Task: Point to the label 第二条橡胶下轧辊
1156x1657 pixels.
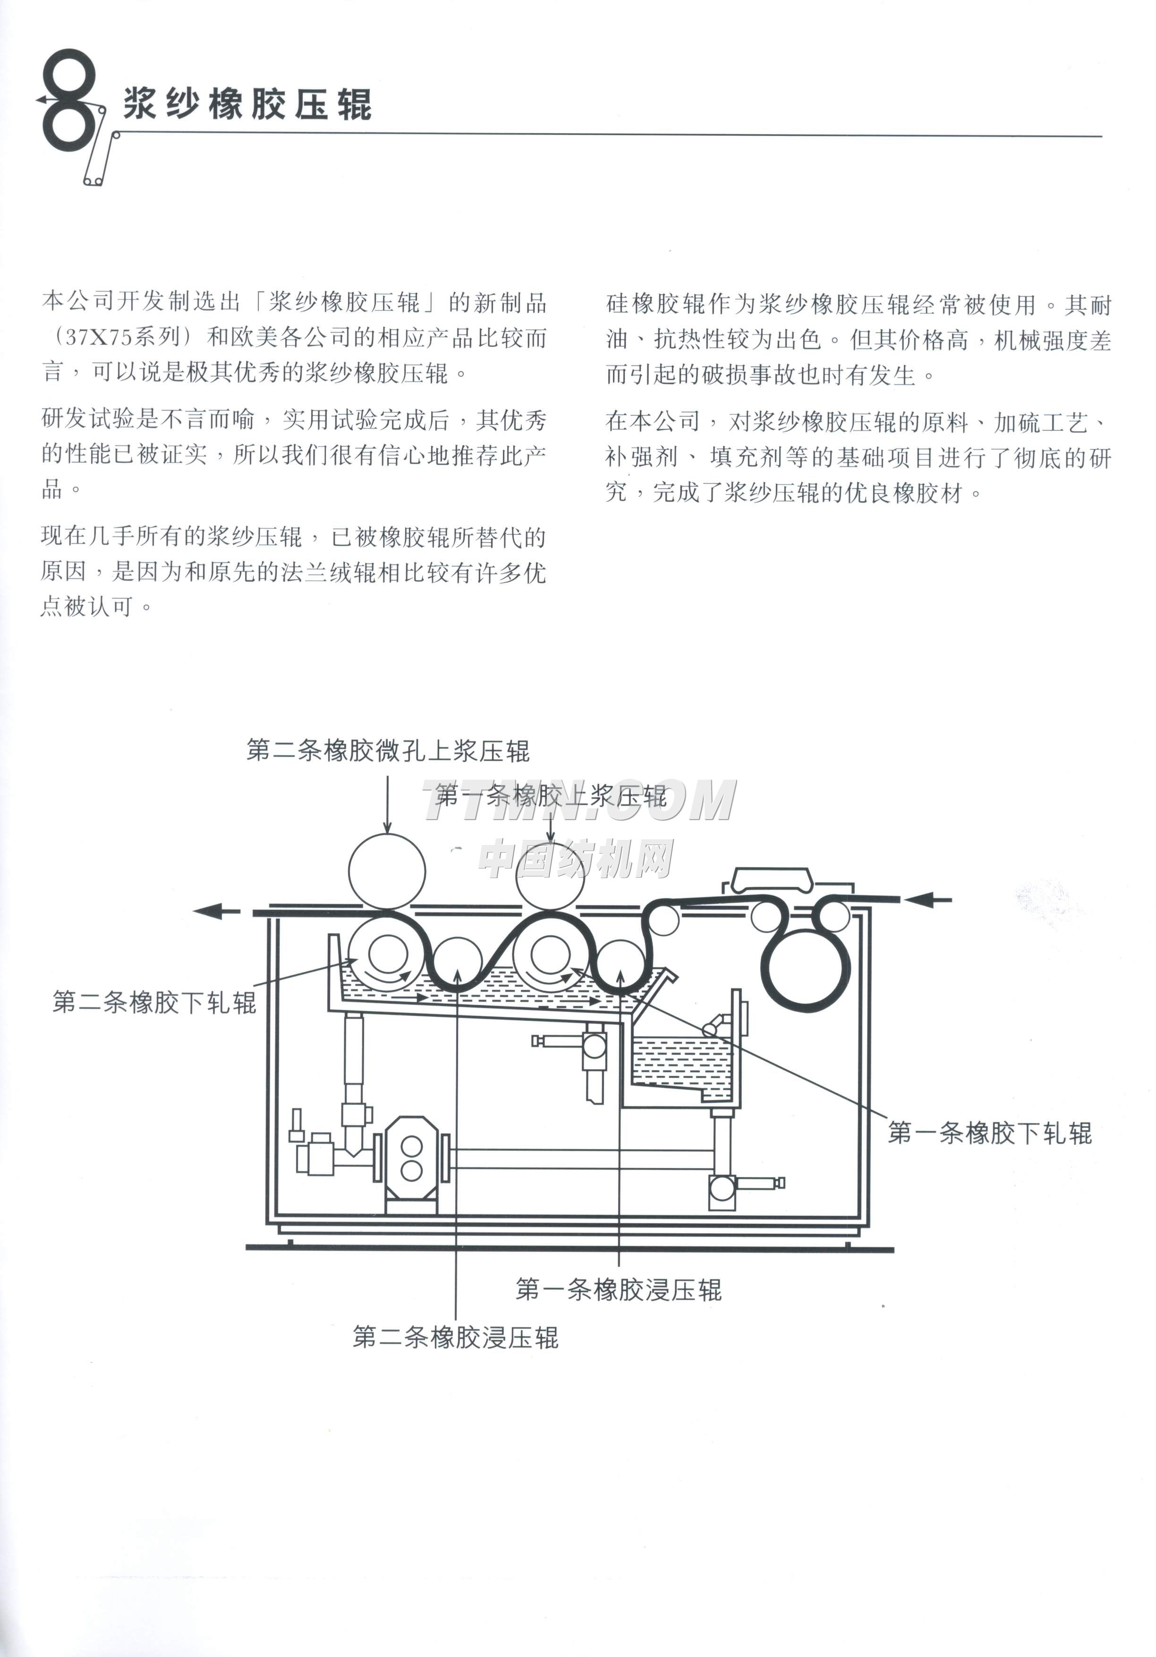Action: coord(154,1002)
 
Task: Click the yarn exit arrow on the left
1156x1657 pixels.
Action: coord(217,912)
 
